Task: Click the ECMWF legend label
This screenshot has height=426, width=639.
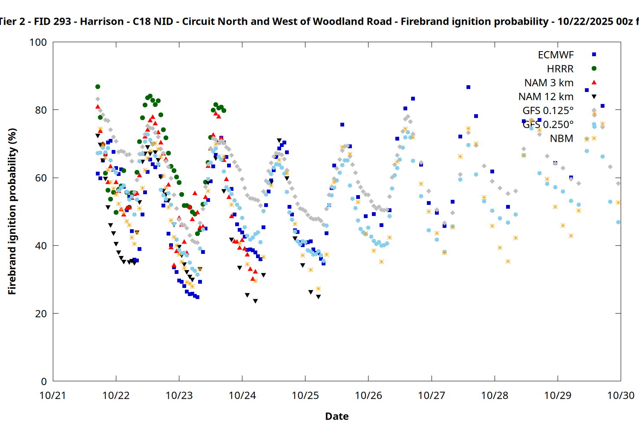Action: (556, 55)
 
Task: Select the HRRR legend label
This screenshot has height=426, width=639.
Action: (560, 69)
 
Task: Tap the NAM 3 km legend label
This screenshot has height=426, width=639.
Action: (549, 83)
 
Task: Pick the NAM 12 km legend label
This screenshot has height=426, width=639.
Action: (546, 97)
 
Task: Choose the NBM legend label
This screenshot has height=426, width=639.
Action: (561, 138)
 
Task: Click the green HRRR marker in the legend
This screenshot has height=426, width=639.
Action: (594, 69)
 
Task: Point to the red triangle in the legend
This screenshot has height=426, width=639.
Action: (594, 82)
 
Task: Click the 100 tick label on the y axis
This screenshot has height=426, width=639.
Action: (38, 43)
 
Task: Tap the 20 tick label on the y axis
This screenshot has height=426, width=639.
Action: (41, 314)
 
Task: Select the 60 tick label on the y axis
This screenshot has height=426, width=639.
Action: (41, 178)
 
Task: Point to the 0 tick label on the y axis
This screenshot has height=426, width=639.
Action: (43, 382)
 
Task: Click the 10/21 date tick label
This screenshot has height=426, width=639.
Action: (53, 396)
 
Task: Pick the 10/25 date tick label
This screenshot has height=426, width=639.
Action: (305, 396)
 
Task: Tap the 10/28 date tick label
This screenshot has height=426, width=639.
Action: (495, 396)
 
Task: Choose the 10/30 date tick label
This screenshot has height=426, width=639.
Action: (621, 396)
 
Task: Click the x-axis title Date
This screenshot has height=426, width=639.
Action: (337, 416)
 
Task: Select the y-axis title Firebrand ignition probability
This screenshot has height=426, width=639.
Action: (12, 211)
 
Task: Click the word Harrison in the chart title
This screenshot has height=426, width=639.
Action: (101, 22)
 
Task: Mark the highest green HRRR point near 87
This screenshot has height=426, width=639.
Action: (98, 87)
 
